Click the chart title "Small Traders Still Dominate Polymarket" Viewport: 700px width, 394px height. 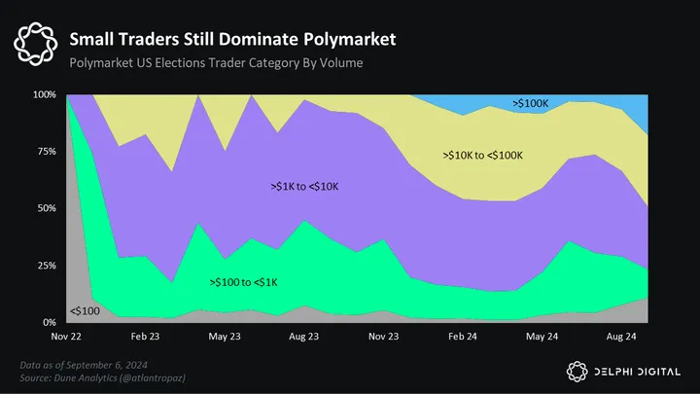point(232,39)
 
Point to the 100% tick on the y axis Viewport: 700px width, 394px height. point(44,95)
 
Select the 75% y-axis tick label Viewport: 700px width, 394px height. point(46,152)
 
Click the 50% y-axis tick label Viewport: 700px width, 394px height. point(46,208)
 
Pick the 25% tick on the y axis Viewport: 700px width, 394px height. point(46,266)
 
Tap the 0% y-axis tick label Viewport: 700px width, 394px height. point(49,322)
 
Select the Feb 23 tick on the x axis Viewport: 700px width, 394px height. point(145,336)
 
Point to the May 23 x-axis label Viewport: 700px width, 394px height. point(225,336)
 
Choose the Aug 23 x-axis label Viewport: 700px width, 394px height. point(304,336)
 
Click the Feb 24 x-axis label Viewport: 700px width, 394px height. point(463,336)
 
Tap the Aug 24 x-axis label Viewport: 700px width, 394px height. point(622,336)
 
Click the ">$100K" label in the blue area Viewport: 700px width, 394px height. point(531,101)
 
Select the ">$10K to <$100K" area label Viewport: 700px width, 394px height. point(483,155)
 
